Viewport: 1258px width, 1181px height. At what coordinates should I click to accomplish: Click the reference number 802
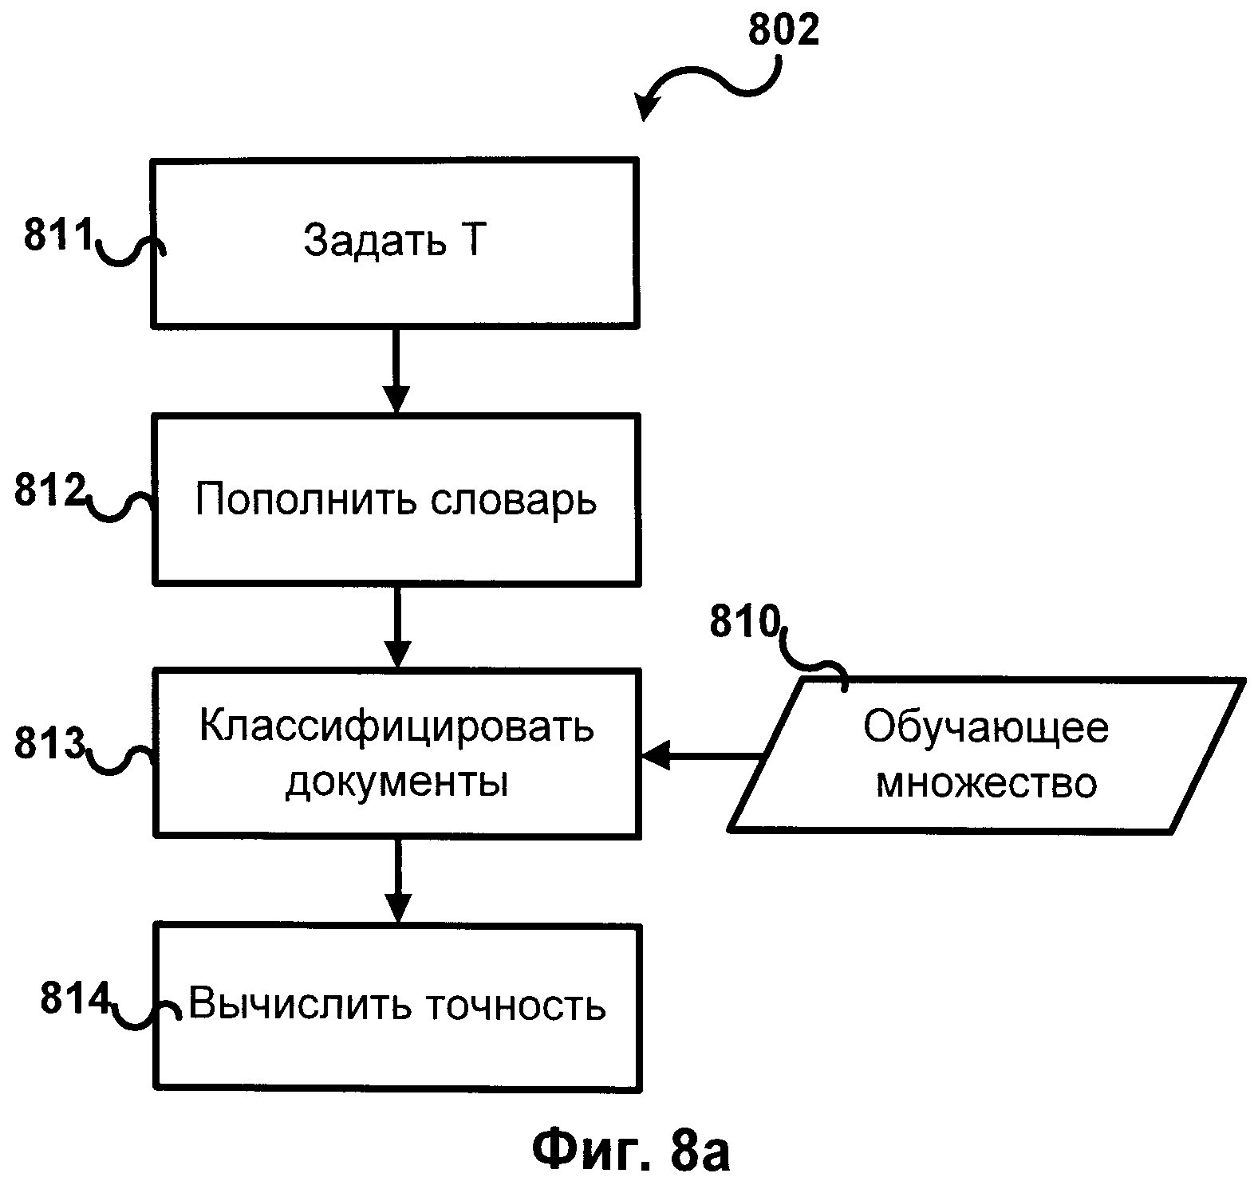tap(783, 31)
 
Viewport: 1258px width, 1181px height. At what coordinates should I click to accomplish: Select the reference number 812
tap(49, 491)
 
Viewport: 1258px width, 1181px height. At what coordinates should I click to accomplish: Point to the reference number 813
tap(49, 743)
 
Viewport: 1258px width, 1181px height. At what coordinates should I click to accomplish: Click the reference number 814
tap(74, 999)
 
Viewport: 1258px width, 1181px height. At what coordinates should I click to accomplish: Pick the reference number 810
tap(744, 623)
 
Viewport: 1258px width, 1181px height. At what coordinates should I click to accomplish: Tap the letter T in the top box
tap(471, 240)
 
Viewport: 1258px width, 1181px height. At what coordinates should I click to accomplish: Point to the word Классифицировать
tap(396, 726)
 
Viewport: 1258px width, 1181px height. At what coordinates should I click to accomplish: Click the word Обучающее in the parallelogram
tap(986, 727)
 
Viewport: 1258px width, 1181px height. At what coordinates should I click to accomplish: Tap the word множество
tap(986, 782)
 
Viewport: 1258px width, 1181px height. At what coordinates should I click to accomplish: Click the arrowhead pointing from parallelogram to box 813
tap(656, 755)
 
